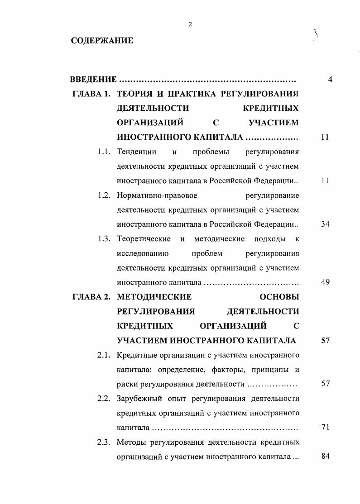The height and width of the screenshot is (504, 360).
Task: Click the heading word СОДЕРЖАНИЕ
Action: pyautogui.click(x=102, y=41)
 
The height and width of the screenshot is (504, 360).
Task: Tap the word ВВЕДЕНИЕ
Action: pyautogui.click(x=93, y=80)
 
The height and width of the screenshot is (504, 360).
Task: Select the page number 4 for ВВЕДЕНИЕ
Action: pyautogui.click(x=330, y=80)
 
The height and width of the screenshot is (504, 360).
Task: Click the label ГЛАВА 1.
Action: pyautogui.click(x=91, y=95)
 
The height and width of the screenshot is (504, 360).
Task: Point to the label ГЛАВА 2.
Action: pyautogui.click(x=91, y=297)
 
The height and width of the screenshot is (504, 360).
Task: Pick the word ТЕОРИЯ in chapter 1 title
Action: pyautogui.click(x=134, y=95)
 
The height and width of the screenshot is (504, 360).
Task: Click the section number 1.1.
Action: pyautogui.click(x=104, y=152)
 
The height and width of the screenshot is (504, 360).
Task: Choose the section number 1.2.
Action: pyautogui.click(x=104, y=195)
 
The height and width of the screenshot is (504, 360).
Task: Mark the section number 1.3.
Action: pyautogui.click(x=104, y=239)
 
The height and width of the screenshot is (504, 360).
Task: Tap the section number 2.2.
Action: pyautogui.click(x=104, y=399)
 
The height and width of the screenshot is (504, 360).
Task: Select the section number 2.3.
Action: pyautogui.click(x=104, y=442)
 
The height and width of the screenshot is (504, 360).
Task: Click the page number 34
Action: pyautogui.click(x=325, y=224)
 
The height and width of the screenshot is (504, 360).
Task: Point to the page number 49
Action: pyautogui.click(x=325, y=282)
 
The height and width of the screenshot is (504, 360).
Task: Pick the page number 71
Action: pyautogui.click(x=325, y=428)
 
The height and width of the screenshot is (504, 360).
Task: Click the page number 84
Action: pyautogui.click(x=325, y=456)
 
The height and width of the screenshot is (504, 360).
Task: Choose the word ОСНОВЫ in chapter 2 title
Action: pyautogui.click(x=278, y=297)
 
